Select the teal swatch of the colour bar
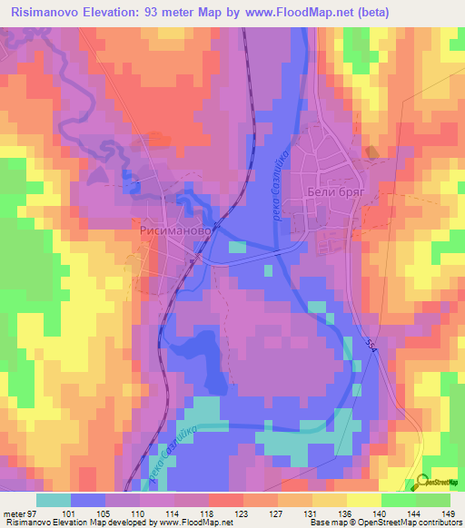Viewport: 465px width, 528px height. [54, 499]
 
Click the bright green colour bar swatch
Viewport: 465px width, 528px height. [433, 499]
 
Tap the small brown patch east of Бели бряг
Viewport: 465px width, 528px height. [369, 152]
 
